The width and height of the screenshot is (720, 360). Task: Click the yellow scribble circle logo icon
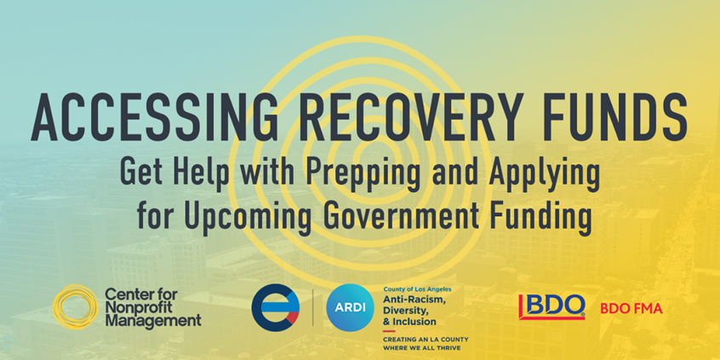click(75, 306)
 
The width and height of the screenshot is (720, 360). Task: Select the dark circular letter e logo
click(276, 306)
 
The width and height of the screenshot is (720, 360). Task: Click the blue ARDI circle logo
click(346, 306)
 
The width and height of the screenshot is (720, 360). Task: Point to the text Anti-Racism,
click(415, 299)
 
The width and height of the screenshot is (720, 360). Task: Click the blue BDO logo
click(552, 306)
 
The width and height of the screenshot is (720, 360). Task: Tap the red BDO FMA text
click(631, 308)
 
